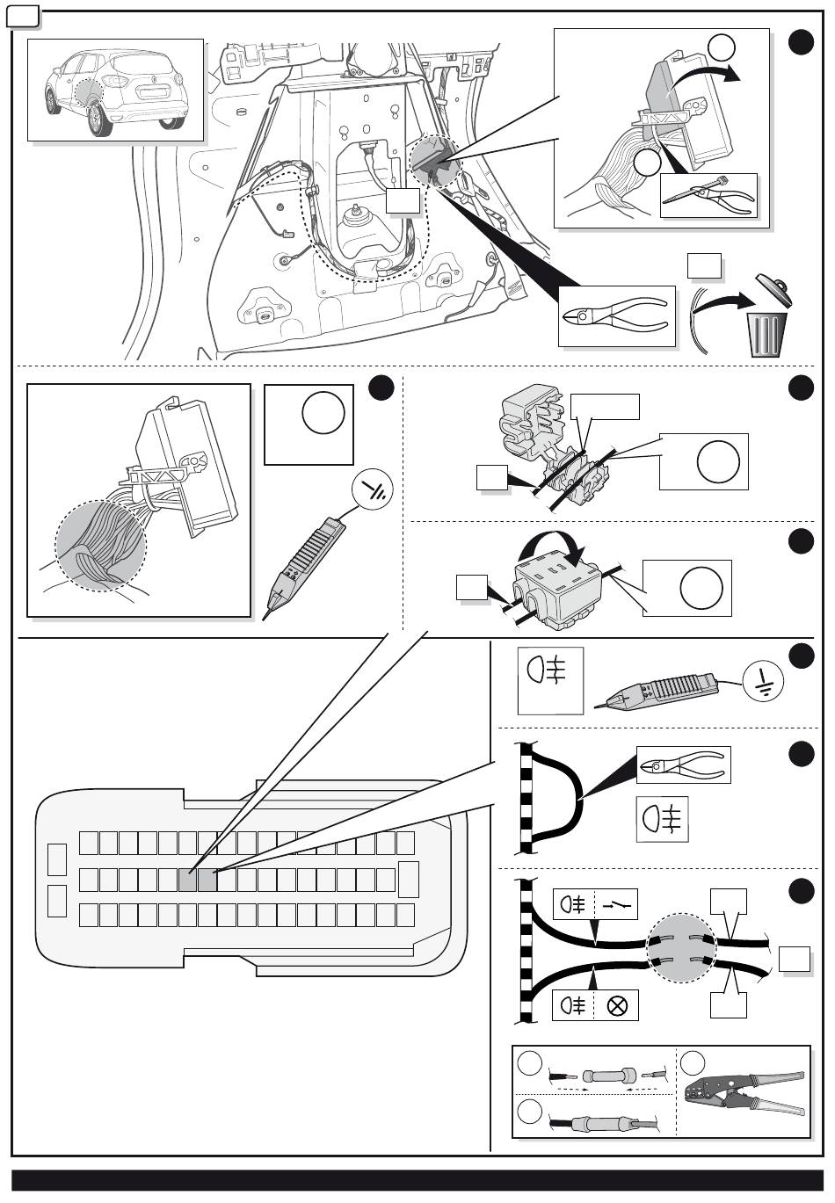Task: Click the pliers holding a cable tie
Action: pos(708,195)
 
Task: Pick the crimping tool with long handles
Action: pos(743,1093)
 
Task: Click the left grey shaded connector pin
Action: pos(187,880)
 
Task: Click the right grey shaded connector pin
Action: pos(207,880)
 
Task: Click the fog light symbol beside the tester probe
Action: pos(550,679)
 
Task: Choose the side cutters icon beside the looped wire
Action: pos(683,765)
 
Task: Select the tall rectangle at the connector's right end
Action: pos(409,880)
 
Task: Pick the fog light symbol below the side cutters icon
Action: pos(662,819)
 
